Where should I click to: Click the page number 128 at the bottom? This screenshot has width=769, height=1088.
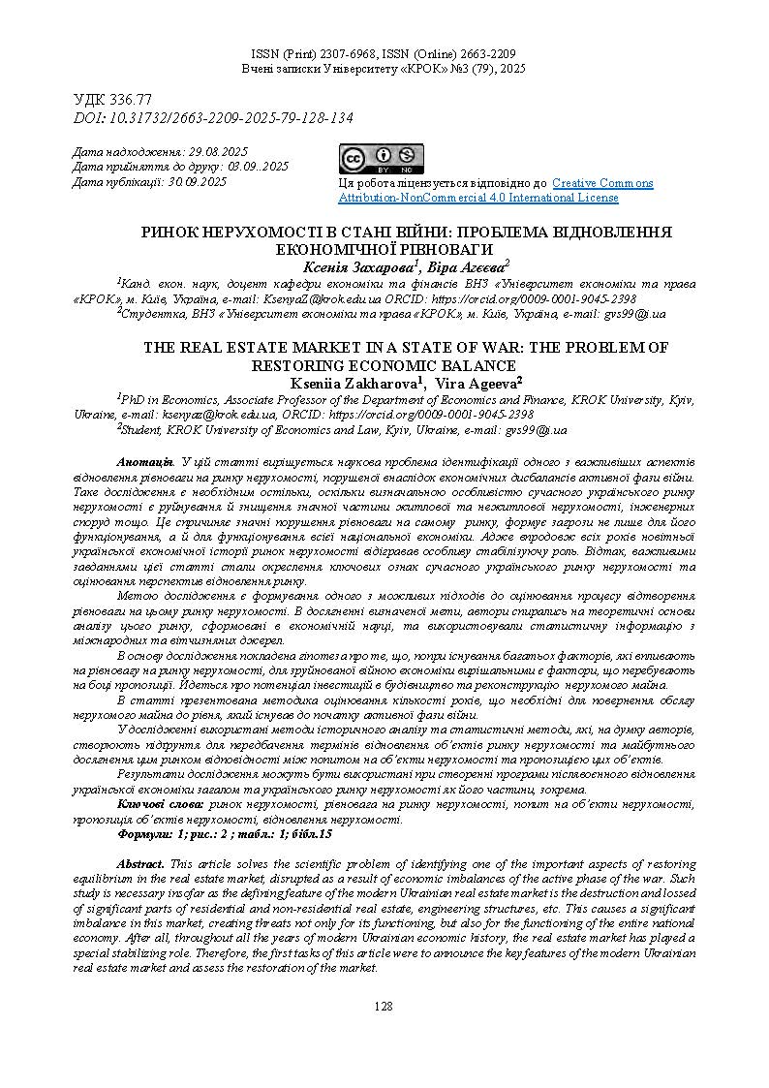pos(384,1007)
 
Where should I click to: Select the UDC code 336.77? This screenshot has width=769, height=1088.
pos(113,100)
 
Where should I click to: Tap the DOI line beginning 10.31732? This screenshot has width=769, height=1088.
pos(213,117)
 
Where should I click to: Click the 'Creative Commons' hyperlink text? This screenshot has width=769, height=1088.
pos(602,183)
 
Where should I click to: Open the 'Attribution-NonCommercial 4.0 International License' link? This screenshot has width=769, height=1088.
pos(477,198)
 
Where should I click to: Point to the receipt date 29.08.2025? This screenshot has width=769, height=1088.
pos(218,152)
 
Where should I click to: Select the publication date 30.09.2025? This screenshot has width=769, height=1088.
pos(198,181)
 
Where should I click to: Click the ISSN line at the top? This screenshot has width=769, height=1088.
pos(384,54)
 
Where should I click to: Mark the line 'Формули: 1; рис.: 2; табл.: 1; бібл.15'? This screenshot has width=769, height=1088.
pos(225,834)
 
